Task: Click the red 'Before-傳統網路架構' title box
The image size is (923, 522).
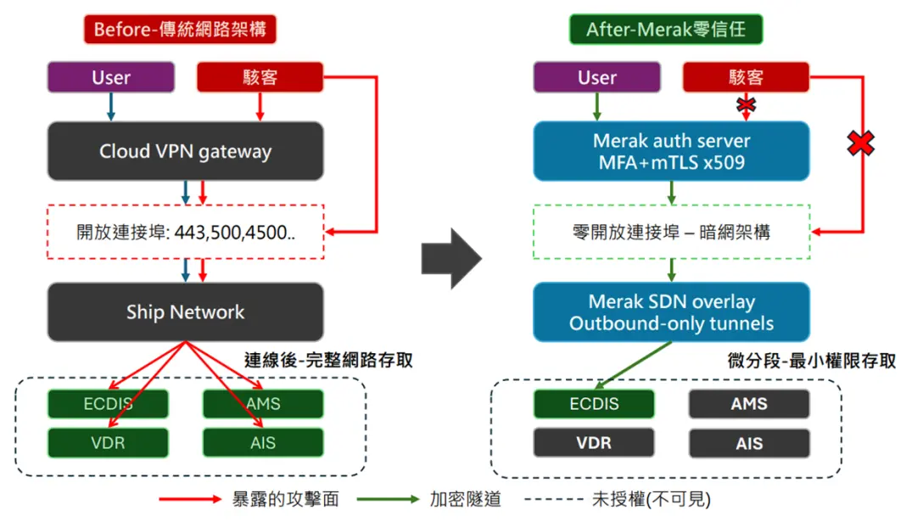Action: [180, 30]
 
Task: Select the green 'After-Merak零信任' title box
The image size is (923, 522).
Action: [666, 30]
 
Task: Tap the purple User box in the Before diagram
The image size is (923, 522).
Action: [111, 77]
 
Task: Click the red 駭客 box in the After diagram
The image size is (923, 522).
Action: [746, 77]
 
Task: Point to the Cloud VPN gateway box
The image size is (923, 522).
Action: [186, 151]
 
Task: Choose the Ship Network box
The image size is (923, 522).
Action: [186, 312]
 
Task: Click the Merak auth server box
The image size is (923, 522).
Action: [671, 151]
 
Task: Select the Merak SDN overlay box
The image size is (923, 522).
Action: [671, 312]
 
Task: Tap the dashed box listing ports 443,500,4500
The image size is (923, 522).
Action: [186, 232]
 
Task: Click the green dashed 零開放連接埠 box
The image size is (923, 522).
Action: [671, 232]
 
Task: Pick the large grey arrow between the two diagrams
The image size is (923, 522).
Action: [451, 258]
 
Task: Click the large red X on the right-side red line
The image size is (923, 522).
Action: [860, 143]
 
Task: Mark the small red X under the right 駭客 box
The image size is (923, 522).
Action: [746, 105]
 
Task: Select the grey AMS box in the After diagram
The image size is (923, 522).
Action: [749, 404]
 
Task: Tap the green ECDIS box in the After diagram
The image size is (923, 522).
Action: [594, 404]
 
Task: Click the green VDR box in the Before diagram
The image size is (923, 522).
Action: [108, 443]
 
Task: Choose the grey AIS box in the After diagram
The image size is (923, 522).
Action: [749, 443]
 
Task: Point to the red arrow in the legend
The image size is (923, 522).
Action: [190, 500]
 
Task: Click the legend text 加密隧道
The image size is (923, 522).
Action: [465, 500]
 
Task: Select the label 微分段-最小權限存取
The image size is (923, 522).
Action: [812, 361]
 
